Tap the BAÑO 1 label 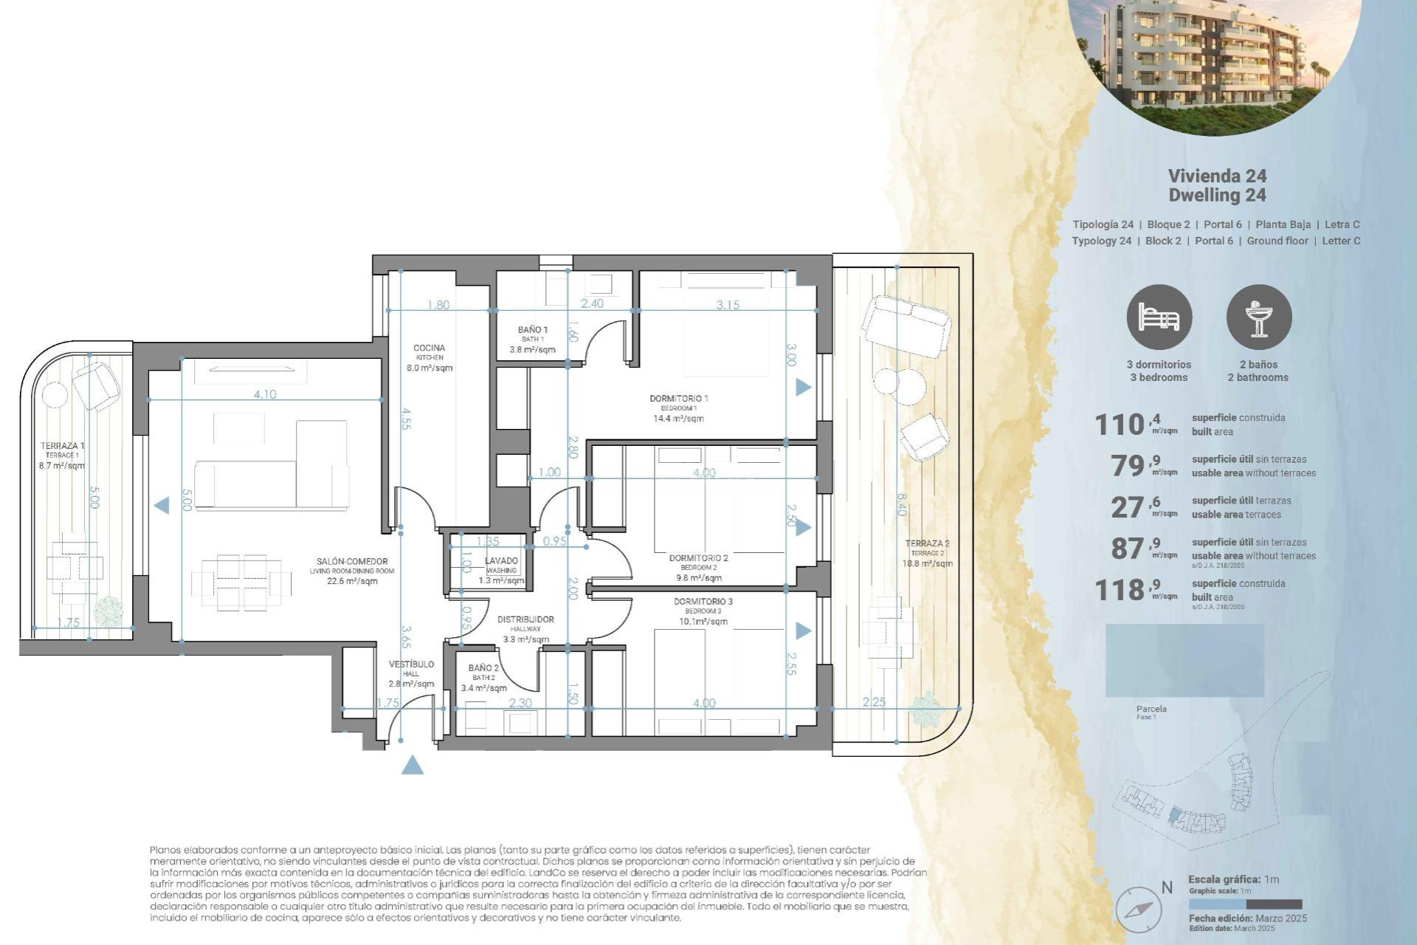tap(532, 330)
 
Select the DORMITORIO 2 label tap(698, 558)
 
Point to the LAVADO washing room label tap(501, 561)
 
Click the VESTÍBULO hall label tap(411, 664)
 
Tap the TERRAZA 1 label tap(62, 446)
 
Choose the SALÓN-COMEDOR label tap(352, 562)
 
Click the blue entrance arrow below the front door tap(413, 766)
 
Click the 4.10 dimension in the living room tap(265, 394)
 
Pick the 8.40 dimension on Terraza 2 tap(901, 504)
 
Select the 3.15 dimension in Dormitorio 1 tap(727, 304)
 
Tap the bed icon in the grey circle tap(1159, 317)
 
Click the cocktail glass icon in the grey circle tap(1259, 317)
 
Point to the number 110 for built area tap(1119, 425)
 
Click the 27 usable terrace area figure tap(1128, 507)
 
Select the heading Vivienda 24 tap(1217, 176)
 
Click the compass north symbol tap(1139, 909)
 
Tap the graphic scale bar tap(1245, 904)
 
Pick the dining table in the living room tap(241, 583)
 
